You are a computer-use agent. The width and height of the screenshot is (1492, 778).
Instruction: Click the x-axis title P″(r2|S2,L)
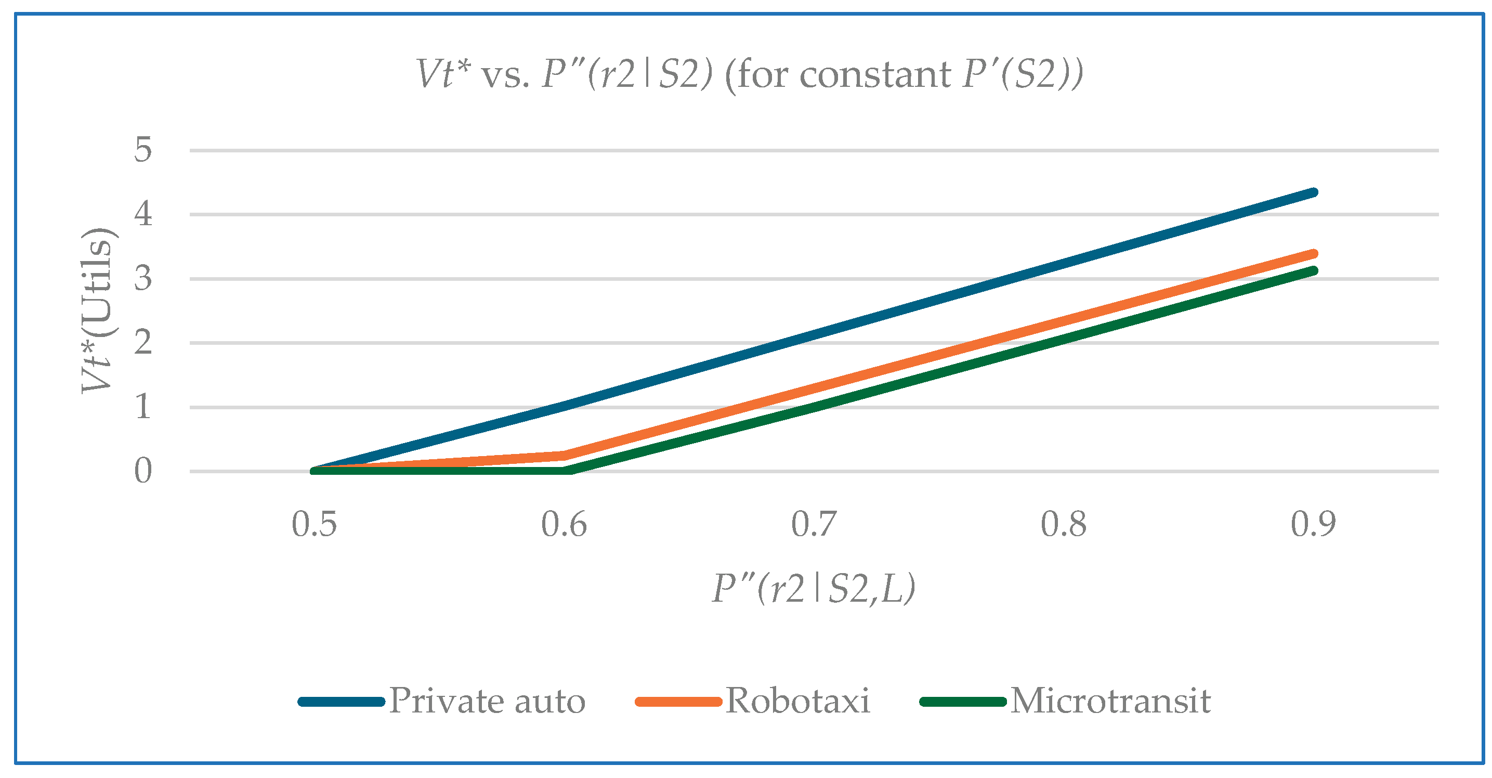click(x=814, y=589)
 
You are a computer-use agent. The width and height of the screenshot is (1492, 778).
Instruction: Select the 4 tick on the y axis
click(x=143, y=214)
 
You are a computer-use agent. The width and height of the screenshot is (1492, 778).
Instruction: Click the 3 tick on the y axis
click(x=143, y=279)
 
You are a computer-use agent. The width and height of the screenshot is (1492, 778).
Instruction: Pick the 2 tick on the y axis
click(x=143, y=343)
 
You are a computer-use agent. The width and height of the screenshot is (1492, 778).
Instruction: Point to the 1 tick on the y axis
click(x=143, y=407)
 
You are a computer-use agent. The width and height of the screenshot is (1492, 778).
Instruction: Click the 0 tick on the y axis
click(x=143, y=471)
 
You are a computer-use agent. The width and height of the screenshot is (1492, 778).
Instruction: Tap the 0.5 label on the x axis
click(x=314, y=525)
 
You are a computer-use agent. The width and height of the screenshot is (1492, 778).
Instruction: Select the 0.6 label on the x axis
click(x=564, y=525)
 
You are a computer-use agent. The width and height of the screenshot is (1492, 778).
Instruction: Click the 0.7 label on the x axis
click(x=814, y=525)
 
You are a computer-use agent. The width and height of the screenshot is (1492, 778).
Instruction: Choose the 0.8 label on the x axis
click(x=1064, y=525)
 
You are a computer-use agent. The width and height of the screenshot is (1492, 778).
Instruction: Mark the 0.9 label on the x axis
click(x=1313, y=525)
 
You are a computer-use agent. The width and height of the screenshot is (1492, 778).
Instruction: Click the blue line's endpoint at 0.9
click(x=1313, y=192)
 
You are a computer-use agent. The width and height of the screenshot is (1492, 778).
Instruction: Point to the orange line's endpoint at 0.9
click(x=1313, y=254)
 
